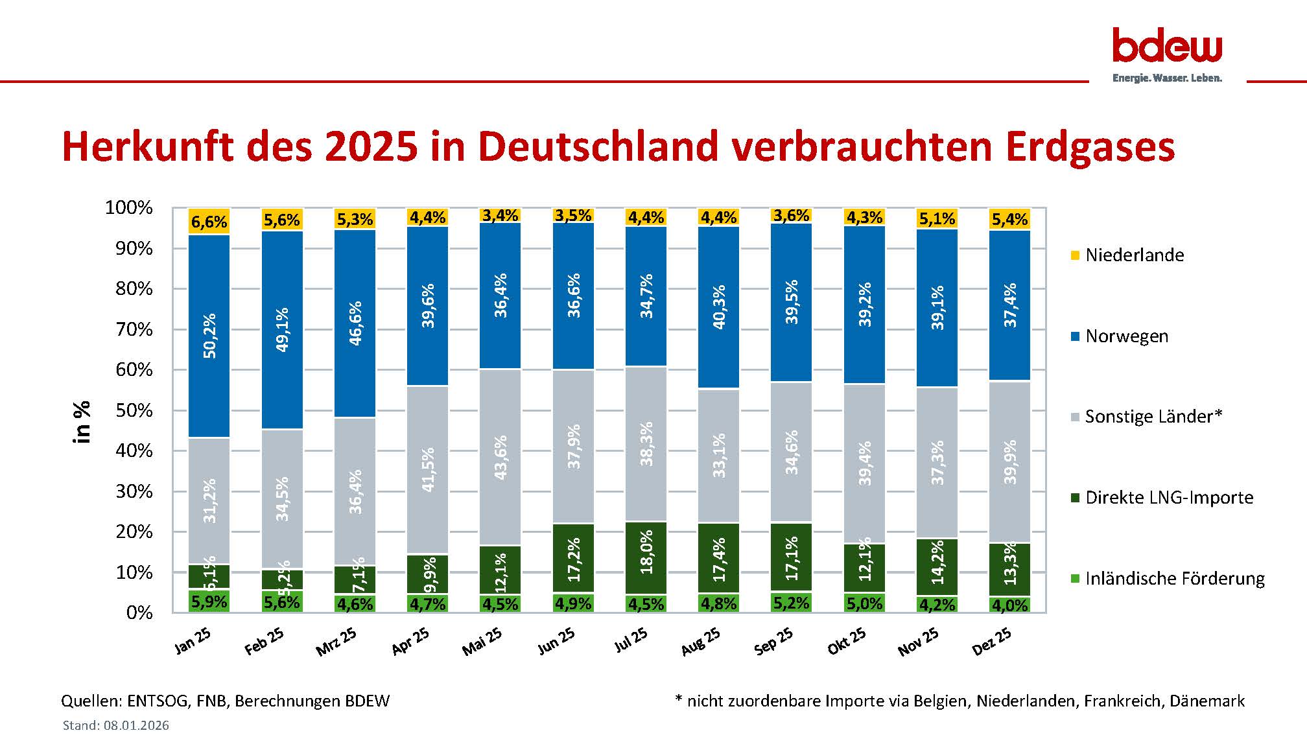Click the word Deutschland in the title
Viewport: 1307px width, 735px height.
pyautogui.click(x=598, y=146)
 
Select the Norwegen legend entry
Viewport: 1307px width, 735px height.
pyautogui.click(x=1126, y=336)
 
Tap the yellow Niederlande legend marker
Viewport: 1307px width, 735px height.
pyautogui.click(x=1075, y=255)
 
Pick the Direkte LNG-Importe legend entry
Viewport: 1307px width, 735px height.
pyautogui.click(x=1168, y=498)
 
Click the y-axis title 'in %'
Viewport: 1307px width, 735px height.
pyautogui.click(x=83, y=422)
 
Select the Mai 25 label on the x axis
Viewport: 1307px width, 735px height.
pyautogui.click(x=483, y=641)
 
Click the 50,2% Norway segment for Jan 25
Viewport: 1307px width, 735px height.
pyautogui.click(x=209, y=336)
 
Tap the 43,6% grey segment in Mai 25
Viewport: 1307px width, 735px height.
pyautogui.click(x=500, y=457)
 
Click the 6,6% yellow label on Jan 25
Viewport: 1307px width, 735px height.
pyautogui.click(x=209, y=222)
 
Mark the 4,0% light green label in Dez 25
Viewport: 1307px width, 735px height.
pyautogui.click(x=1009, y=605)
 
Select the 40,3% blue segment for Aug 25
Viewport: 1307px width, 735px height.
pyautogui.click(x=718, y=307)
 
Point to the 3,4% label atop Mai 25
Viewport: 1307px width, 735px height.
pyautogui.click(x=500, y=215)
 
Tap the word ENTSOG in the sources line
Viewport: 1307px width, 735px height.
pyautogui.click(x=155, y=701)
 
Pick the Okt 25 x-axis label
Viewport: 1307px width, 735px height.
pyautogui.click(x=847, y=641)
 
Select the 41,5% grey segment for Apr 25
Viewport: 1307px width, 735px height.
pyautogui.click(x=427, y=469)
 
